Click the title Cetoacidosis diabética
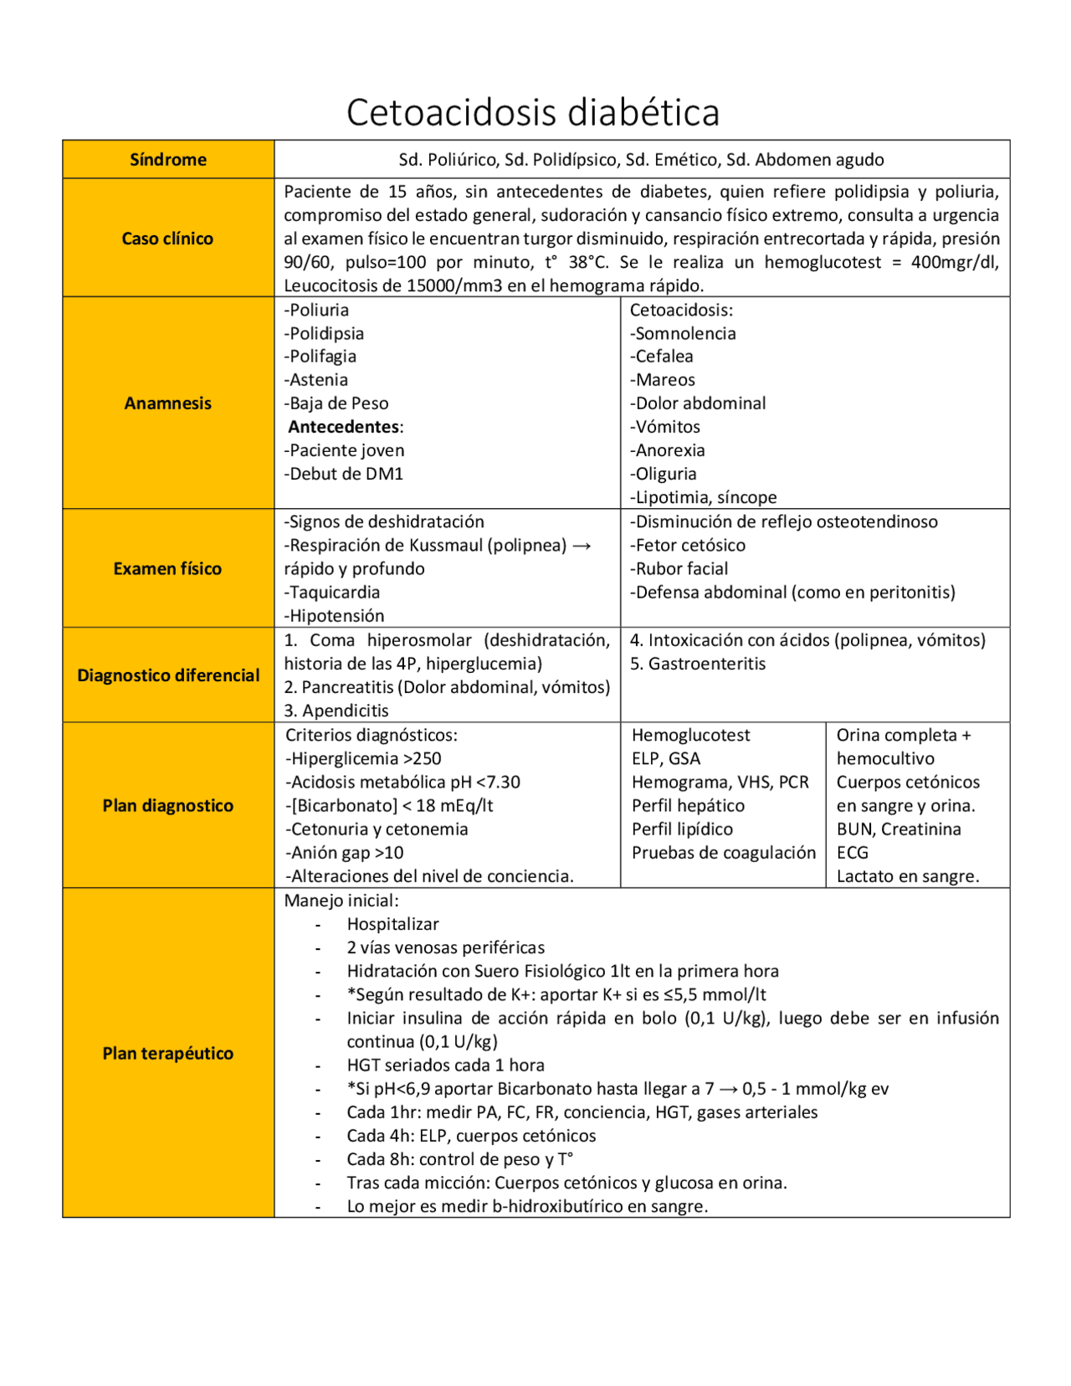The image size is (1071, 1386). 533,112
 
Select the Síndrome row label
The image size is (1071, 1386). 167,160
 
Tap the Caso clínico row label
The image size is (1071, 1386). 167,239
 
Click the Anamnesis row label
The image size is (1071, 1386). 167,403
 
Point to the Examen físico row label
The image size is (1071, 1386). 167,569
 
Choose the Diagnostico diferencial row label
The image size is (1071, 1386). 168,675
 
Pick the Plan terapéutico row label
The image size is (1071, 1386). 167,1054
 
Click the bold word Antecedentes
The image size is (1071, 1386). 344,427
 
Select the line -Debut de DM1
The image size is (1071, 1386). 344,474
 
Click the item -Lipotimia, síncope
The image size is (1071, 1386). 703,497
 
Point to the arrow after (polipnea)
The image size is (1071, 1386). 582,546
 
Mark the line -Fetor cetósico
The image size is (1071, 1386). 687,546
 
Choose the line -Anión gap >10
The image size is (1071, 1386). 344,853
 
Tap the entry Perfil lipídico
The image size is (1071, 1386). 682,829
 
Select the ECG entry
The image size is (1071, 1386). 852,853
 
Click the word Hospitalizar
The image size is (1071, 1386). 392,924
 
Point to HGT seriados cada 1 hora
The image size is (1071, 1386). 445,1065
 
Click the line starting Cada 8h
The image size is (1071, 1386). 459,1159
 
